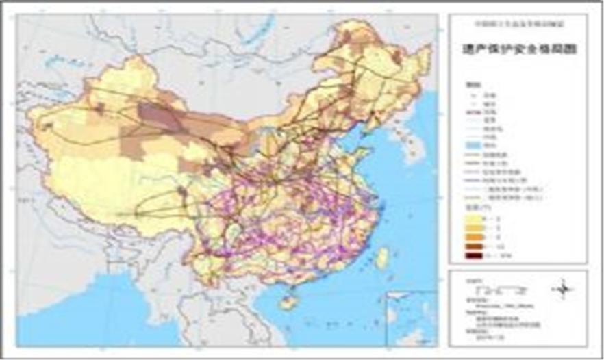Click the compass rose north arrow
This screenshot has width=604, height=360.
point(564,290)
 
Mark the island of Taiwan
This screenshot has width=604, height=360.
point(382,257)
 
